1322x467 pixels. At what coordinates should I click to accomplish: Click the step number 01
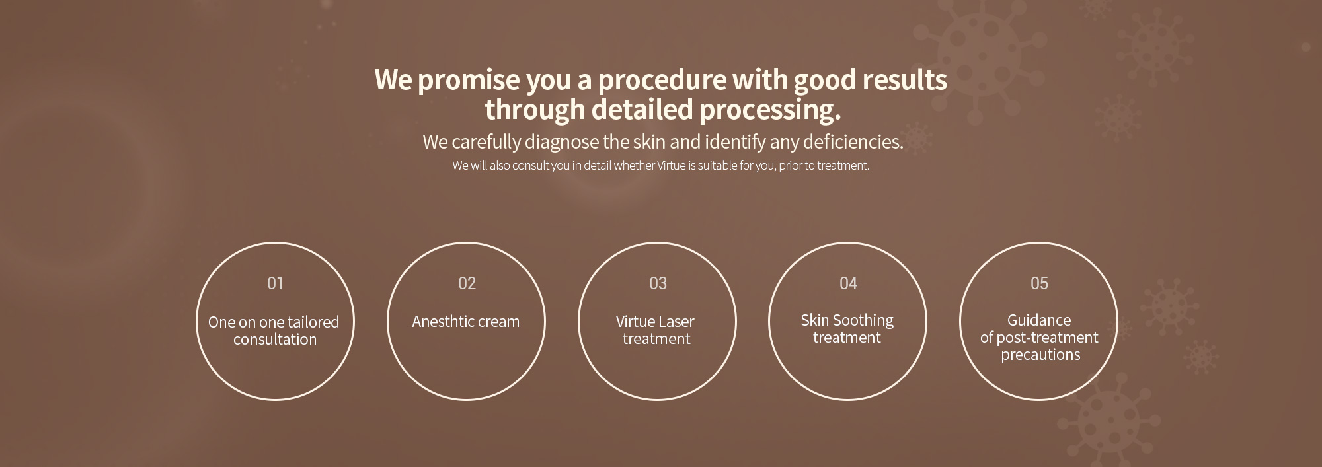[275, 283]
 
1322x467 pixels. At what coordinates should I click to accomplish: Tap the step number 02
[467, 283]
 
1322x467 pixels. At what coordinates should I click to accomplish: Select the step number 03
[658, 283]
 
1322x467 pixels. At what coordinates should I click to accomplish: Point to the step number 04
[848, 283]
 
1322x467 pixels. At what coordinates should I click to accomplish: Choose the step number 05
[1039, 283]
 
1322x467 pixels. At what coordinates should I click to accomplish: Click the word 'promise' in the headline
[469, 81]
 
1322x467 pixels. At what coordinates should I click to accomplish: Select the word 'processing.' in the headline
[770, 110]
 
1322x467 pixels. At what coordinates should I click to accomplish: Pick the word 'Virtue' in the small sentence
[672, 166]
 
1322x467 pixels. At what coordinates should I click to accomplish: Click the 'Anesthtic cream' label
[465, 322]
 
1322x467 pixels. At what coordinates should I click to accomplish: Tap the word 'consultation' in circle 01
[275, 340]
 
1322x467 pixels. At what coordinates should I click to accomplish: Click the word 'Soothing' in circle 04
[863, 321]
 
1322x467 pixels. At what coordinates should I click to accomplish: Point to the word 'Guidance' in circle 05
[1039, 320]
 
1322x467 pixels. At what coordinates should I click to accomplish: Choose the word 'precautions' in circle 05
[1040, 355]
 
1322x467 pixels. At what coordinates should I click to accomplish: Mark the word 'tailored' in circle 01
[313, 322]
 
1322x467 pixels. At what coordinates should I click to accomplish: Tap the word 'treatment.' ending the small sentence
[843, 166]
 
